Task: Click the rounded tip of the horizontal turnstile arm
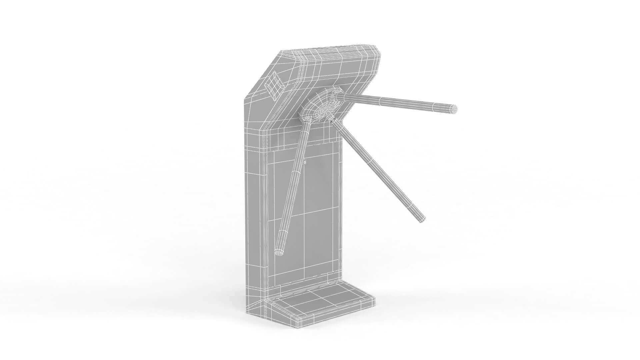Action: (x=454, y=109)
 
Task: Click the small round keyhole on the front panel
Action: (x=305, y=162)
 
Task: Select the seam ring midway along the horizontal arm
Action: (x=380, y=100)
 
